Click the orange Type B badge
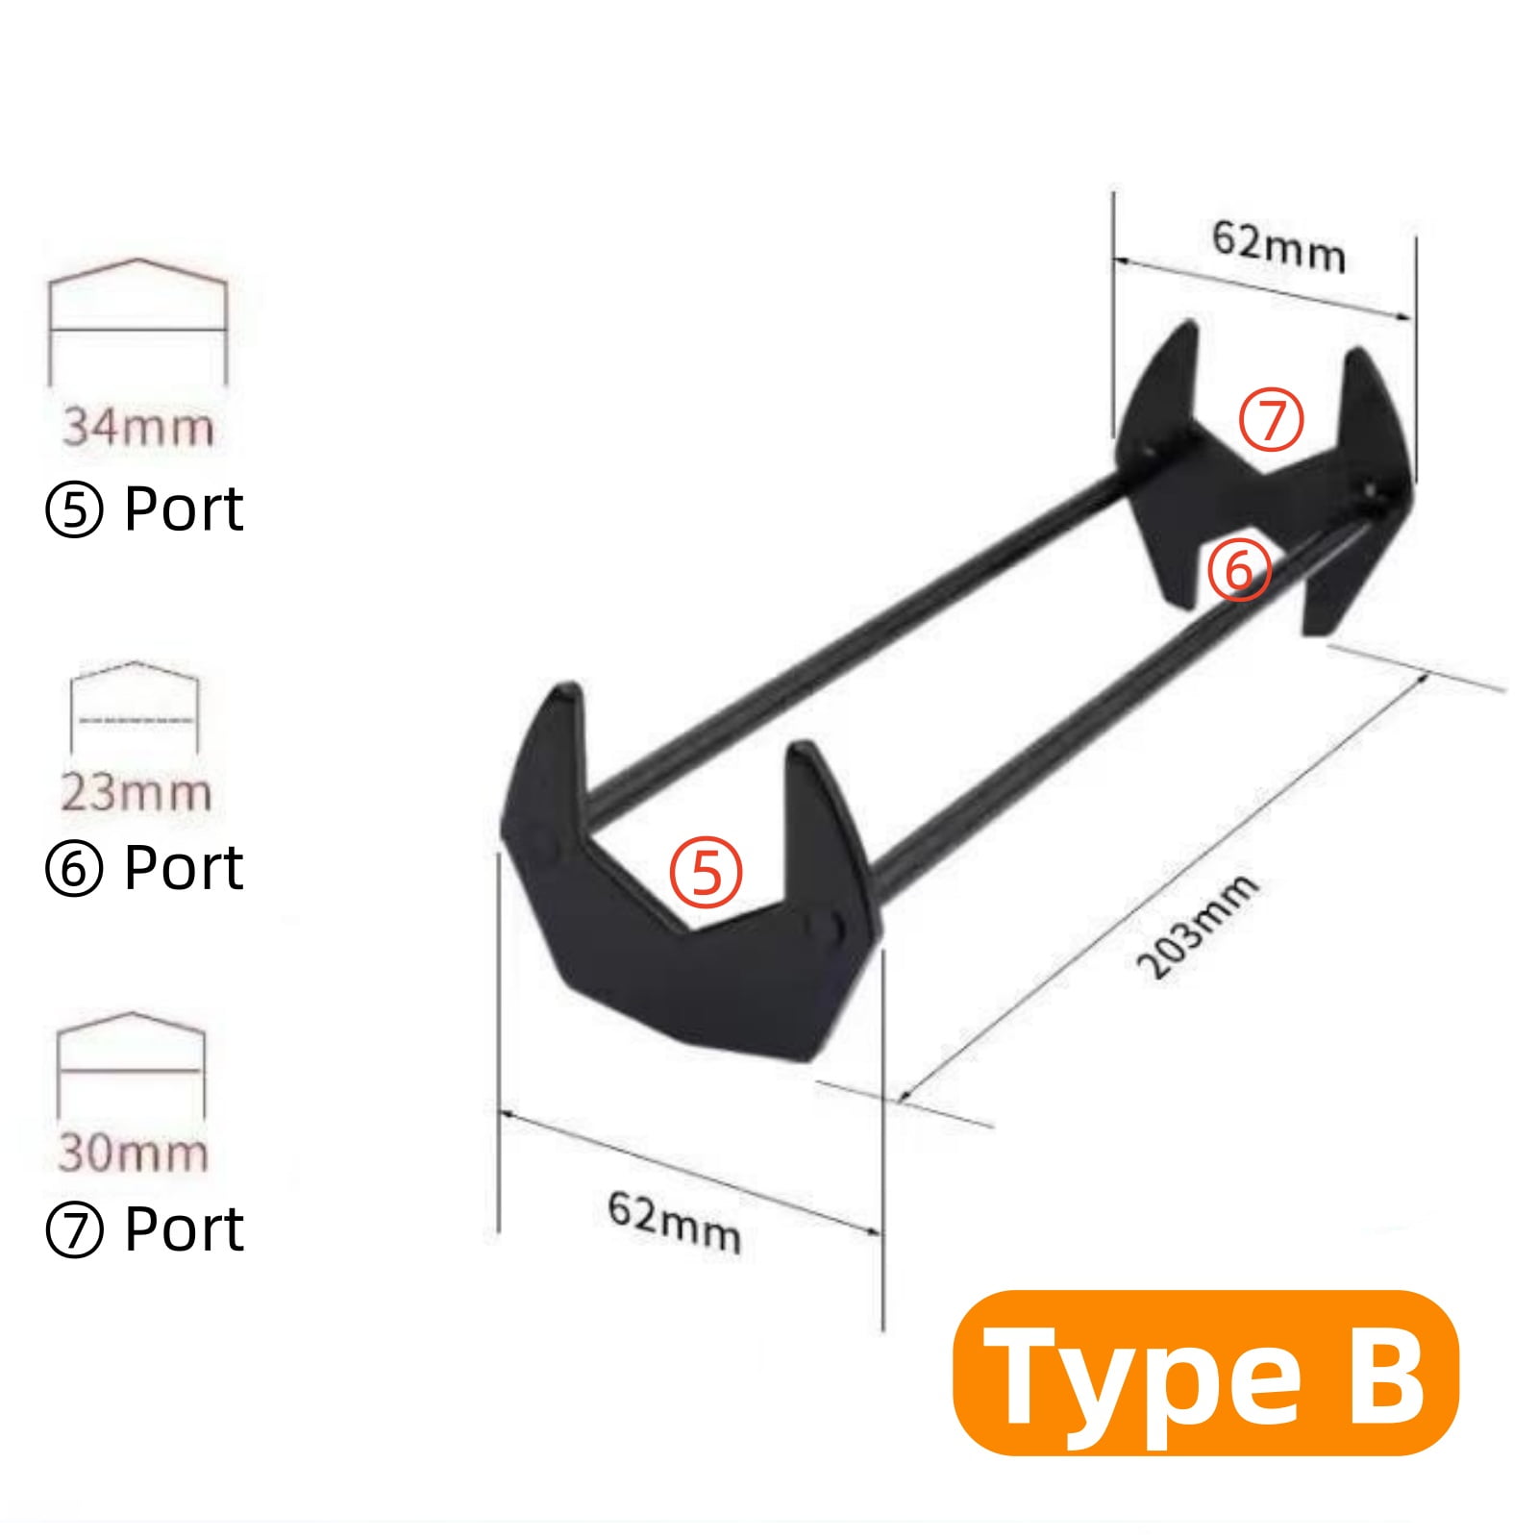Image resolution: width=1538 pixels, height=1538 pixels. coord(1205,1373)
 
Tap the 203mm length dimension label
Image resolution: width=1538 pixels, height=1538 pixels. coord(1198,927)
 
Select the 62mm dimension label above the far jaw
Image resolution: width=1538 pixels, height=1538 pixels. coord(1278,246)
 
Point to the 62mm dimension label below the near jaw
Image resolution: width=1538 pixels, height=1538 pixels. coord(674,1223)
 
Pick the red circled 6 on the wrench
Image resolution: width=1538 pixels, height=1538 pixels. coord(1239,571)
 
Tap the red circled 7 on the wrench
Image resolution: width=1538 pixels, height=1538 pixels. coord(1271,420)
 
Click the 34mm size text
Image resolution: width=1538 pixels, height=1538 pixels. coord(138,427)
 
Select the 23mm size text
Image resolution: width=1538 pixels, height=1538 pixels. coord(136,793)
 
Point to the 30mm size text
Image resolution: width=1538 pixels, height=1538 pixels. coord(134,1153)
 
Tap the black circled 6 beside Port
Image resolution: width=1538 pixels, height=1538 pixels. coord(74,870)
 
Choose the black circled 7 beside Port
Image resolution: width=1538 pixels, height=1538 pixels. coord(74,1231)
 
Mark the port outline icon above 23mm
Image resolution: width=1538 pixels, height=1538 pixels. coord(135,707)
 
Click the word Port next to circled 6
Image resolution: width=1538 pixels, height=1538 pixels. coord(184,868)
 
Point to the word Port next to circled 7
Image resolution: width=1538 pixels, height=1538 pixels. coord(184,1229)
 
